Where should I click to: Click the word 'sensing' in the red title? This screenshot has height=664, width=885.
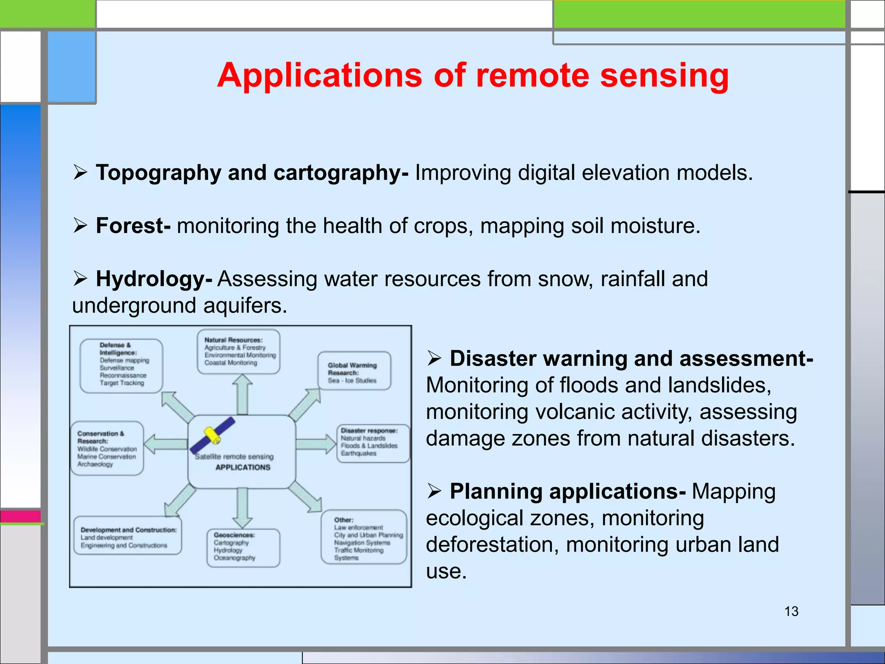point(664,75)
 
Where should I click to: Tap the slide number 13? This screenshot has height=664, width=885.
point(791,611)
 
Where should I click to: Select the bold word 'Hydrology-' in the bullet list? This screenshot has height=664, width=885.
point(154,279)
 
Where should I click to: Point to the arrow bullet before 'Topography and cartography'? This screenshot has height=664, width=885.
point(80,172)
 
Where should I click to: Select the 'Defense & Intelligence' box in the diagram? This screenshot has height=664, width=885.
point(121,366)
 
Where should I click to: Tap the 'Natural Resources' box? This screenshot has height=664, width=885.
point(239,351)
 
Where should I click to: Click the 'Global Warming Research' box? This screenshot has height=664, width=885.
point(354,371)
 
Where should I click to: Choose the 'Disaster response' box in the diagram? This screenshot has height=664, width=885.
point(372,443)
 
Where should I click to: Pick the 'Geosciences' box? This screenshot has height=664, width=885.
point(243,547)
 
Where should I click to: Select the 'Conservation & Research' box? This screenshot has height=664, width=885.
point(107,448)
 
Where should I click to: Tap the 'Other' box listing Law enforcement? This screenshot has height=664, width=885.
point(364,537)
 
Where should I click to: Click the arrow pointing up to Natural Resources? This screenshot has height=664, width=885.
point(242,393)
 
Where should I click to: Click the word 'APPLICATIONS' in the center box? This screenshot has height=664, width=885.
point(243,467)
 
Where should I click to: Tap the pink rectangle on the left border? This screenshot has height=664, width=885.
point(20,516)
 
